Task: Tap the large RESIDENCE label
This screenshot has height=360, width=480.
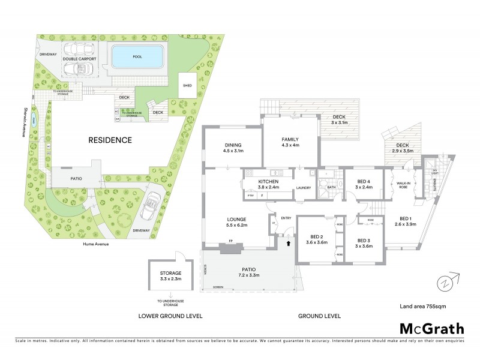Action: coord(110,140)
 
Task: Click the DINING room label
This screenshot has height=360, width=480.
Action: coord(233,148)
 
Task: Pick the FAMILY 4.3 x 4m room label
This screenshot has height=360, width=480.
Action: coord(290,142)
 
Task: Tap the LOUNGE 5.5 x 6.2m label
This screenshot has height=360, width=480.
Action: coord(233,221)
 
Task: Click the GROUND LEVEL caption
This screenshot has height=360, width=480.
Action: coord(319,316)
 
